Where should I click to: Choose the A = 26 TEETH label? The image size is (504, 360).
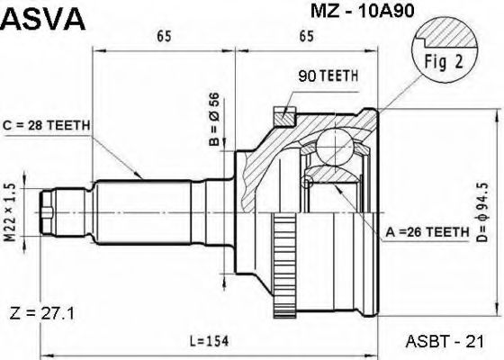(x=427, y=231)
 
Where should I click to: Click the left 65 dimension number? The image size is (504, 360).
(x=163, y=37)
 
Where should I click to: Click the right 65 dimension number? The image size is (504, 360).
(x=305, y=37)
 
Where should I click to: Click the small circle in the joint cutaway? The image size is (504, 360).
(x=309, y=183)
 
